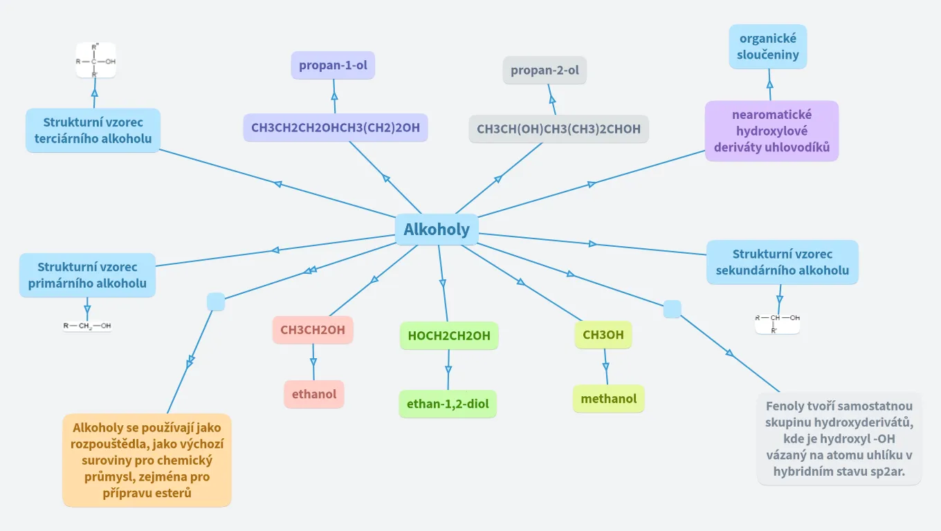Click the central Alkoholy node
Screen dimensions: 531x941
tap(437, 230)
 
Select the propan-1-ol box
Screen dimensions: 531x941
tap(333, 66)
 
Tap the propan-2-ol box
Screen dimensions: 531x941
tap(545, 71)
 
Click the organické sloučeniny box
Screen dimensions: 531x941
tap(768, 46)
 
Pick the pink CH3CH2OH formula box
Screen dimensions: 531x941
tap(313, 330)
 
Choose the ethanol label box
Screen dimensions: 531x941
tap(314, 394)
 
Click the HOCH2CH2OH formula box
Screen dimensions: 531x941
tap(449, 336)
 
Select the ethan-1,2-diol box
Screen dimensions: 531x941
tap(448, 404)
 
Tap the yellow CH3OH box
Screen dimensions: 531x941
tap(603, 335)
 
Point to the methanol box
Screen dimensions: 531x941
tap(609, 399)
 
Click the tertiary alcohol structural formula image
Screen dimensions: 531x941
tap(95, 61)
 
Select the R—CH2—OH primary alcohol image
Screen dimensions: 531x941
tap(87, 326)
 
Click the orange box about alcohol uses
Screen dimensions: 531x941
tap(147, 460)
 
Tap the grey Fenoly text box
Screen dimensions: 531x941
tap(839, 439)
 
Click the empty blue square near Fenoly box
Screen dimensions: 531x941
tap(673, 309)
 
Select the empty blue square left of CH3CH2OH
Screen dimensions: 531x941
tap(216, 301)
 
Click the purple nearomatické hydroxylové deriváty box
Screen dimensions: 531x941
tap(772, 131)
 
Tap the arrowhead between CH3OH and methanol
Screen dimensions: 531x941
tap(606, 365)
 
